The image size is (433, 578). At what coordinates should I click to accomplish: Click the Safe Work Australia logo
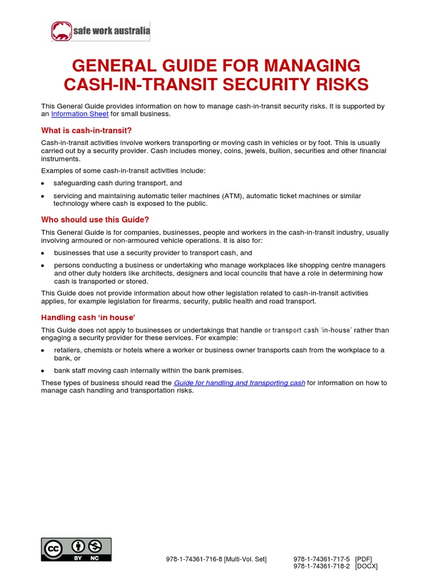(x=101, y=32)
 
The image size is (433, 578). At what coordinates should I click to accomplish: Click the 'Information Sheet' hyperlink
(x=79, y=114)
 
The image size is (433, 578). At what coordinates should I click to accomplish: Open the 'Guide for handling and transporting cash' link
(x=239, y=383)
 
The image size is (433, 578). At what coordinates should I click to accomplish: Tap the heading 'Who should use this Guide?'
(x=95, y=220)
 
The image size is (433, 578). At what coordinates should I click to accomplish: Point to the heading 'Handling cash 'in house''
(x=88, y=317)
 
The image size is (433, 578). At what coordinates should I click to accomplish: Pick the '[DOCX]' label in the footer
(x=366, y=566)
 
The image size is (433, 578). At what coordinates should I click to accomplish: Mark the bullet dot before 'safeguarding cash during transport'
(x=43, y=184)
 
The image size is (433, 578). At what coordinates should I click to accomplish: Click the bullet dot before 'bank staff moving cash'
(x=43, y=371)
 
